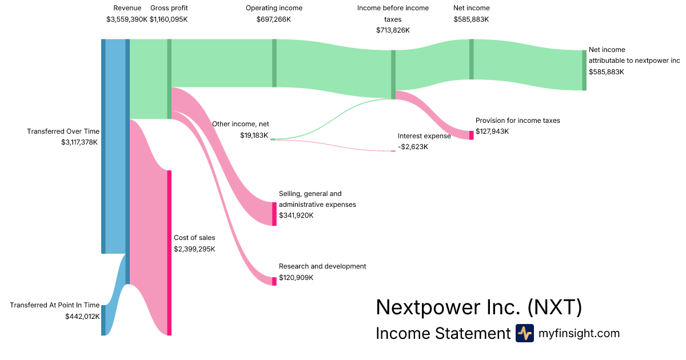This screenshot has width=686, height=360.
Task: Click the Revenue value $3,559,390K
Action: pyautogui.click(x=127, y=19)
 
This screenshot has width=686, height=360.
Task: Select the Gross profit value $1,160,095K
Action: pyautogui.click(x=169, y=19)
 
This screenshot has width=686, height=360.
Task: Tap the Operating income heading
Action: pyautogui.click(x=274, y=8)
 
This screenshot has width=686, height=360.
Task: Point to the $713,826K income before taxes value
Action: pyautogui.click(x=393, y=30)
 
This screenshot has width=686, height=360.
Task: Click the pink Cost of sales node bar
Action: pyautogui.click(x=169, y=253)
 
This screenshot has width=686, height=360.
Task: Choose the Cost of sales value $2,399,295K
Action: pyautogui.click(x=194, y=249)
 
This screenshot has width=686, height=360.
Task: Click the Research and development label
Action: pyautogui.click(x=322, y=266)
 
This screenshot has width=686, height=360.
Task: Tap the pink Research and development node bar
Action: pyautogui.click(x=274, y=281)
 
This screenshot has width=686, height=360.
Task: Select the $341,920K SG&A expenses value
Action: pyautogui.click(x=296, y=215)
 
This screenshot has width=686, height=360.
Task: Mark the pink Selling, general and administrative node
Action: pyautogui.click(x=274, y=214)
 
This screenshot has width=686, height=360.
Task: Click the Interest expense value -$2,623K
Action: pyautogui.click(x=413, y=147)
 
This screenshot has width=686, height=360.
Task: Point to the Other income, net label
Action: pyautogui.click(x=241, y=124)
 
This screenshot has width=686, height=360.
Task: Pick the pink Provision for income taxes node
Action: pyautogui.click(x=471, y=135)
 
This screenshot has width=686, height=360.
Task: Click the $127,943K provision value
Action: pyautogui.click(x=492, y=131)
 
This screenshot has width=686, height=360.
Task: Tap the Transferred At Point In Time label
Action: pyautogui.click(x=54, y=305)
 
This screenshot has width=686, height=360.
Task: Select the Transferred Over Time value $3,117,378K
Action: pyautogui.click(x=79, y=142)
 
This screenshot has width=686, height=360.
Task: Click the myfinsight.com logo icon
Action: pyautogui.click(x=525, y=333)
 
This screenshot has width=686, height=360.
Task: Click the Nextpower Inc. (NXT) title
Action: pyautogui.click(x=478, y=307)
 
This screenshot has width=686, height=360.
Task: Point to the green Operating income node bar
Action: pyautogui.click(x=274, y=63)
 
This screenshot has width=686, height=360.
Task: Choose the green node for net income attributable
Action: pyautogui.click(x=584, y=70)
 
